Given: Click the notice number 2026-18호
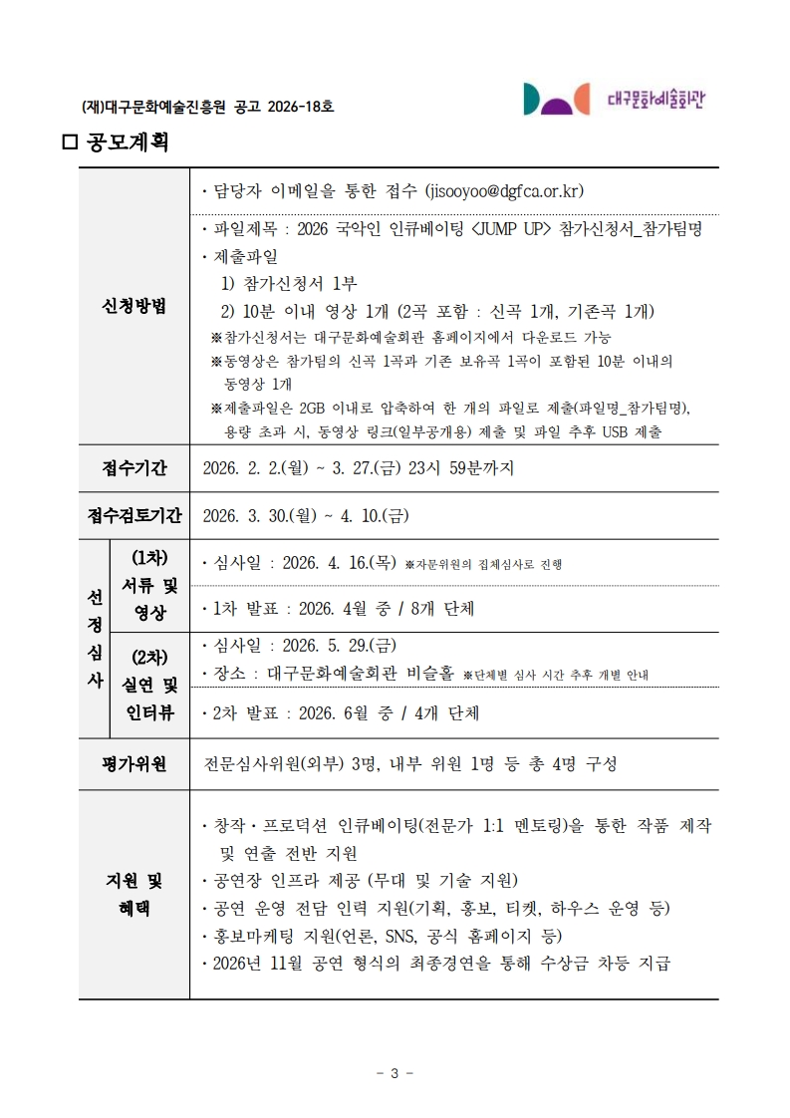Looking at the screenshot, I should pos(300,106).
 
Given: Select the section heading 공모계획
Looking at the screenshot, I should pos(128,142).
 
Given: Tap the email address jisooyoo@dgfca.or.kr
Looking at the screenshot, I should pos(504,190).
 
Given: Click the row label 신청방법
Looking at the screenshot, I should pos(134,306).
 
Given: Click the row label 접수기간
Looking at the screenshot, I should pos(134,468).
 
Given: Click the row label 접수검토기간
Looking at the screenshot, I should pos(134,516).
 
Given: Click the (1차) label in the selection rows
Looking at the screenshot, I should pos(149,557).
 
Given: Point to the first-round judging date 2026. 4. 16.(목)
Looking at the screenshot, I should pos(340,564).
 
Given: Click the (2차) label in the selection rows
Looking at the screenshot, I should pos(149,657).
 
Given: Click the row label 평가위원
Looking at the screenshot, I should pos(134,764).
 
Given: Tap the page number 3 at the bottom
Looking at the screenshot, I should pos(395,1073).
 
